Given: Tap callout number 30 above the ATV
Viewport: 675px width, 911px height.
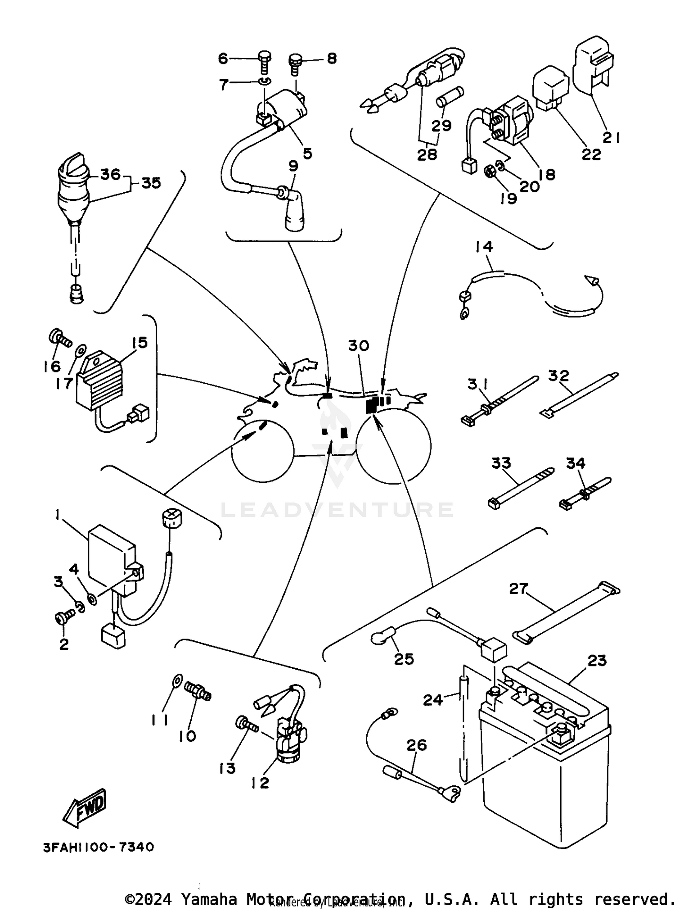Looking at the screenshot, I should (358, 346).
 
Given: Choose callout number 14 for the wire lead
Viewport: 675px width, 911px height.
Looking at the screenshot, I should (484, 247).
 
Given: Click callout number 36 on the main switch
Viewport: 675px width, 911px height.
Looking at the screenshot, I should (110, 174).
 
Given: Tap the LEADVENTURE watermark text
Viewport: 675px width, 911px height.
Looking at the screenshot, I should (337, 510).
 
